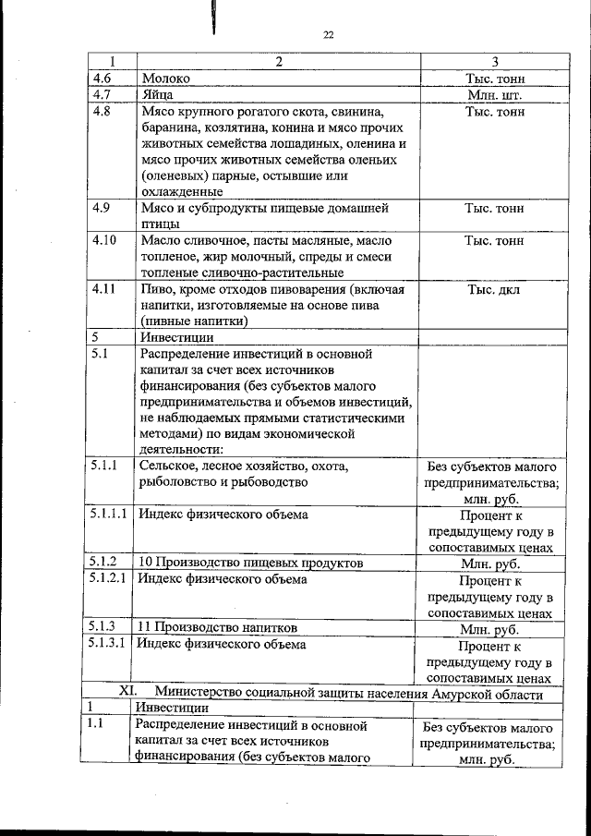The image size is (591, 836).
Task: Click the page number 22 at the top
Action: point(328,36)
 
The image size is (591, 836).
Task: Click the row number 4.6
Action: point(100,79)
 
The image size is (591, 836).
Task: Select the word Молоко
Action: point(166,79)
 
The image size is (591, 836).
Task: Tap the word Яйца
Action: point(159,94)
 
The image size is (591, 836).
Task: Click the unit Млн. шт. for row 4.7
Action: point(494,95)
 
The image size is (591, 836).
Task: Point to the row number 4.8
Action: point(101,112)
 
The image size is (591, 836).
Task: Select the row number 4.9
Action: point(101,207)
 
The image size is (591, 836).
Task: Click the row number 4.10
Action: point(103,240)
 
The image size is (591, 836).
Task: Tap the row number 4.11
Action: point(103,289)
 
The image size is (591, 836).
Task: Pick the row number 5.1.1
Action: point(103,466)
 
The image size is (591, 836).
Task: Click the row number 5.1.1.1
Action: point(109,514)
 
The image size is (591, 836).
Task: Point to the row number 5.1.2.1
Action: point(109,579)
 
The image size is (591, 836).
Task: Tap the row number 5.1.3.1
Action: point(109,645)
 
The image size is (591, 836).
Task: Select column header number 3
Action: point(494,62)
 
